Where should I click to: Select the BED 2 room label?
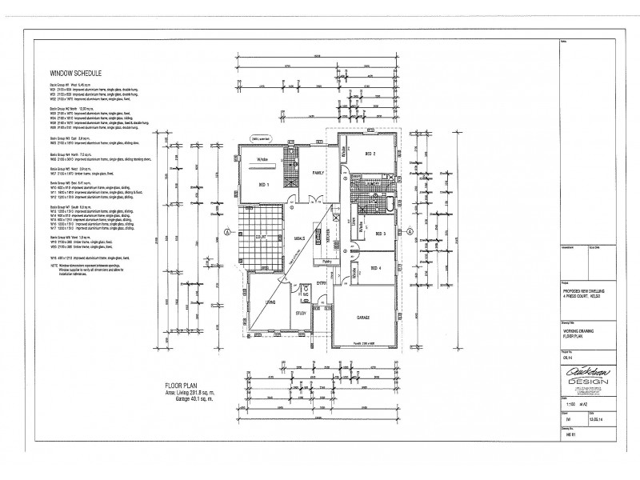pyautogui.click(x=370, y=154)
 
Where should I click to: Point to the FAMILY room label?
pyautogui.click(x=318, y=173)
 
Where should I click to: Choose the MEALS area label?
pyautogui.click(x=299, y=238)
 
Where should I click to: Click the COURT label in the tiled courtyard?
pyautogui.click(x=260, y=238)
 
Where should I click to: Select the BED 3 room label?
pyautogui.click(x=379, y=234)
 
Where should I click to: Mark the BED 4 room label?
pyautogui.click(x=376, y=269)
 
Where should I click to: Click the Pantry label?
pyautogui.click(x=328, y=261)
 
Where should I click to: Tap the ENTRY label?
pyautogui.click(x=322, y=284)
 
